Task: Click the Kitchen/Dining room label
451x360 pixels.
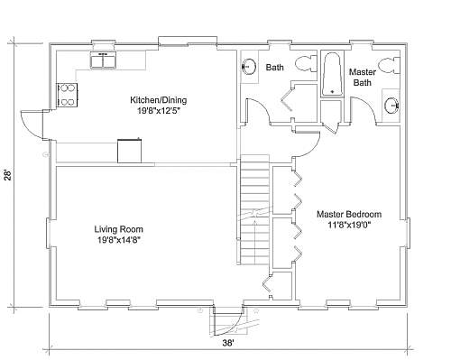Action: click(x=159, y=100)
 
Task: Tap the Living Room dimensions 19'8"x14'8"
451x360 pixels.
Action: click(x=119, y=240)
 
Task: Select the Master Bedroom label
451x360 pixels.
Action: click(x=349, y=215)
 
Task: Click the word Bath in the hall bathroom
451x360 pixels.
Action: click(x=274, y=68)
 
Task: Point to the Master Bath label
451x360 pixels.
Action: click(x=363, y=78)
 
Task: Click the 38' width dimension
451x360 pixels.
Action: click(x=228, y=343)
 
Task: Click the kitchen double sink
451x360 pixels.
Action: click(x=103, y=60)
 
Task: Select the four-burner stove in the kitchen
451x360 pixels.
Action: click(x=68, y=95)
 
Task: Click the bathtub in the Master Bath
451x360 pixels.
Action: click(x=332, y=74)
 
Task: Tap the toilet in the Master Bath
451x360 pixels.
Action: click(x=390, y=66)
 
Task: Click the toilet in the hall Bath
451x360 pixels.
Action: click(x=306, y=63)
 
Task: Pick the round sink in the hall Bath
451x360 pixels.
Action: click(x=249, y=66)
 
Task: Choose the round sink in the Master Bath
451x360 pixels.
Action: click(x=391, y=106)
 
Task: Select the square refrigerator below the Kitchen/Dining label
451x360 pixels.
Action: click(x=129, y=151)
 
